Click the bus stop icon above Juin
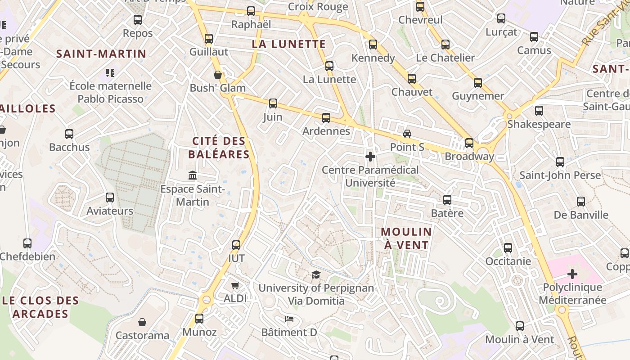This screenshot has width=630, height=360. pyautogui.click(x=273, y=103)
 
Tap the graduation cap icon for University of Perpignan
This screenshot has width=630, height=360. pyautogui.click(x=316, y=274)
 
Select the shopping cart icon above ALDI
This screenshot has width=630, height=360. pyautogui.click(x=235, y=285)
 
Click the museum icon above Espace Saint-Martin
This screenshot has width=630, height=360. pyautogui.click(x=193, y=175)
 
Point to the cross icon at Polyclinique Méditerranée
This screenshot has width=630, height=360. pyautogui.click(x=572, y=274)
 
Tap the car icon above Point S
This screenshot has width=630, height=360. pyautogui.click(x=407, y=134)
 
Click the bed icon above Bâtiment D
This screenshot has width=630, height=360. pyautogui.click(x=289, y=319)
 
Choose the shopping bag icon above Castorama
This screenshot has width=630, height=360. pyautogui.click(x=142, y=322)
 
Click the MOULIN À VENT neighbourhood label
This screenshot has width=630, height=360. pyautogui.click(x=406, y=238)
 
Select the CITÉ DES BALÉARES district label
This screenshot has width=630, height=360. pyautogui.click(x=219, y=148)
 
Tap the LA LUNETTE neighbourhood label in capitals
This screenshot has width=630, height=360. pyautogui.click(x=288, y=44)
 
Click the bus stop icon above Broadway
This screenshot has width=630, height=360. pyautogui.click(x=469, y=143)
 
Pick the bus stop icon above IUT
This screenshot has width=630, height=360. pyautogui.click(x=236, y=245)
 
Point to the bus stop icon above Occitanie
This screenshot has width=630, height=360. pyautogui.click(x=508, y=247)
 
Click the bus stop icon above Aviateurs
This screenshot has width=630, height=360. pyautogui.click(x=110, y=197)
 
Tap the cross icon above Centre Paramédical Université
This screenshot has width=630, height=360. pyautogui.click(x=370, y=157)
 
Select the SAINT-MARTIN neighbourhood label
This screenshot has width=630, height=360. pyautogui.click(x=101, y=54)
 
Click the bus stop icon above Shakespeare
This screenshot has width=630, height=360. pyautogui.click(x=539, y=110)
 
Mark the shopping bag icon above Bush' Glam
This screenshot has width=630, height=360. pyautogui.click(x=218, y=75)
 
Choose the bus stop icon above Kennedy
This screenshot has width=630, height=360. pyautogui.click(x=373, y=45)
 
